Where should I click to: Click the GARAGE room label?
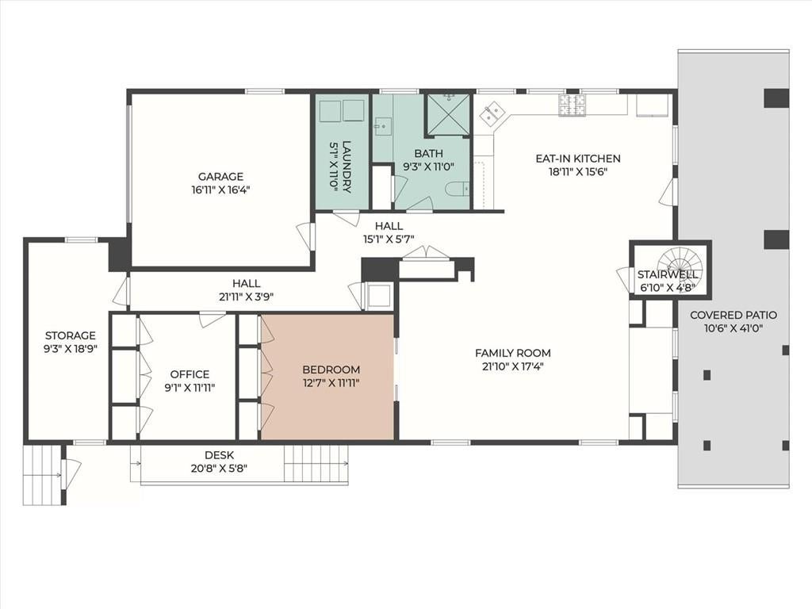[220, 177]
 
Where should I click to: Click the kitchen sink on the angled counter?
[492, 113]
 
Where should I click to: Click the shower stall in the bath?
[448, 116]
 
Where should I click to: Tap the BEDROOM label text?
[331, 370]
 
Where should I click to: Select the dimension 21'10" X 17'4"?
[513, 366]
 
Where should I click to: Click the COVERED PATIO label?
[733, 315]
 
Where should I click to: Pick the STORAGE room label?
[71, 335]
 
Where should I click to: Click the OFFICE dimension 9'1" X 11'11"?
[190, 387]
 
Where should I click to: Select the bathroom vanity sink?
[383, 124]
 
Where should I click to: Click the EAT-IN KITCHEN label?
[578, 159]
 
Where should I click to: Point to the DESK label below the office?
[220, 455]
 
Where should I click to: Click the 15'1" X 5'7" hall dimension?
[389, 239]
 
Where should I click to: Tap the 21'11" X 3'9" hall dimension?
[246, 297]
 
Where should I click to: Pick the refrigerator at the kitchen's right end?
[652, 106]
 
